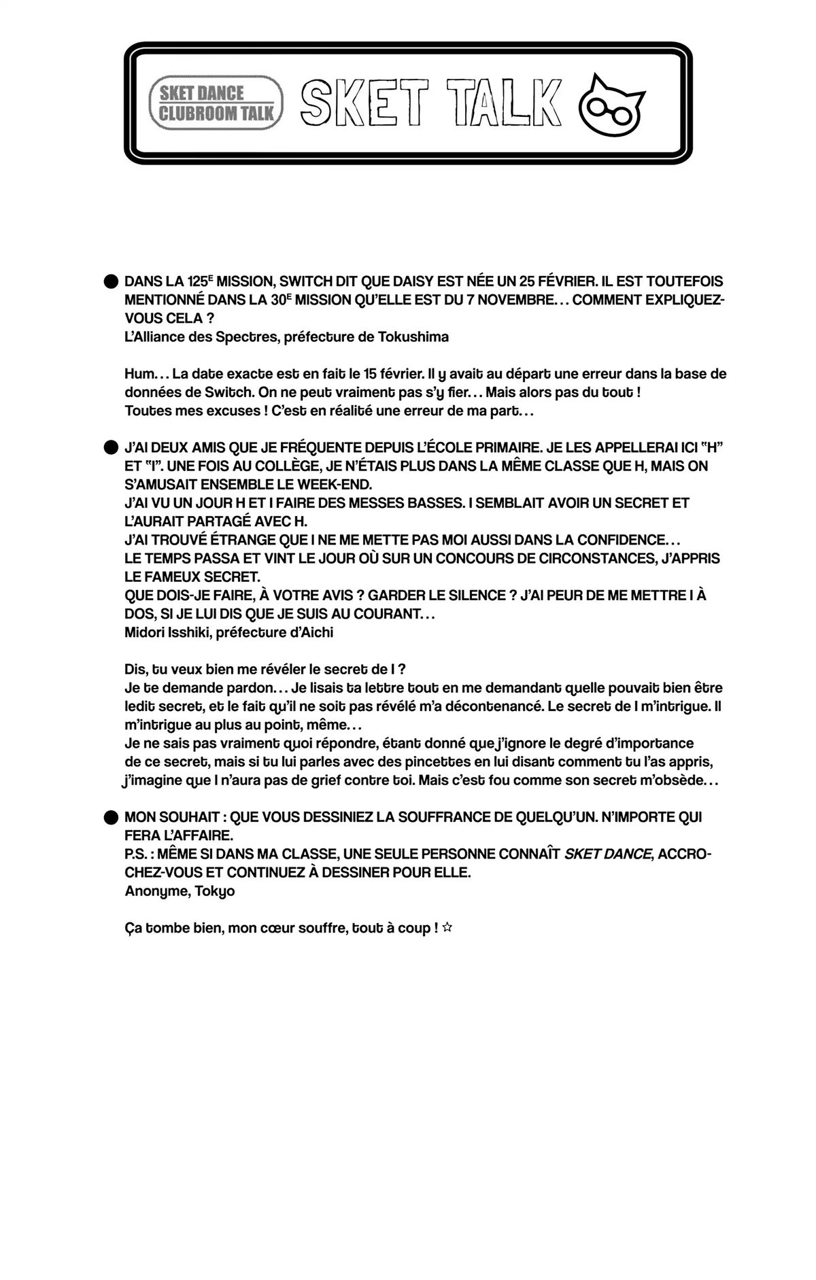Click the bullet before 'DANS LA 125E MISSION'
(110, 281)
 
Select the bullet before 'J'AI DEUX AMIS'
(110, 447)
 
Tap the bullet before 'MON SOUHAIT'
(110, 817)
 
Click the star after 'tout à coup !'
(447, 928)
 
